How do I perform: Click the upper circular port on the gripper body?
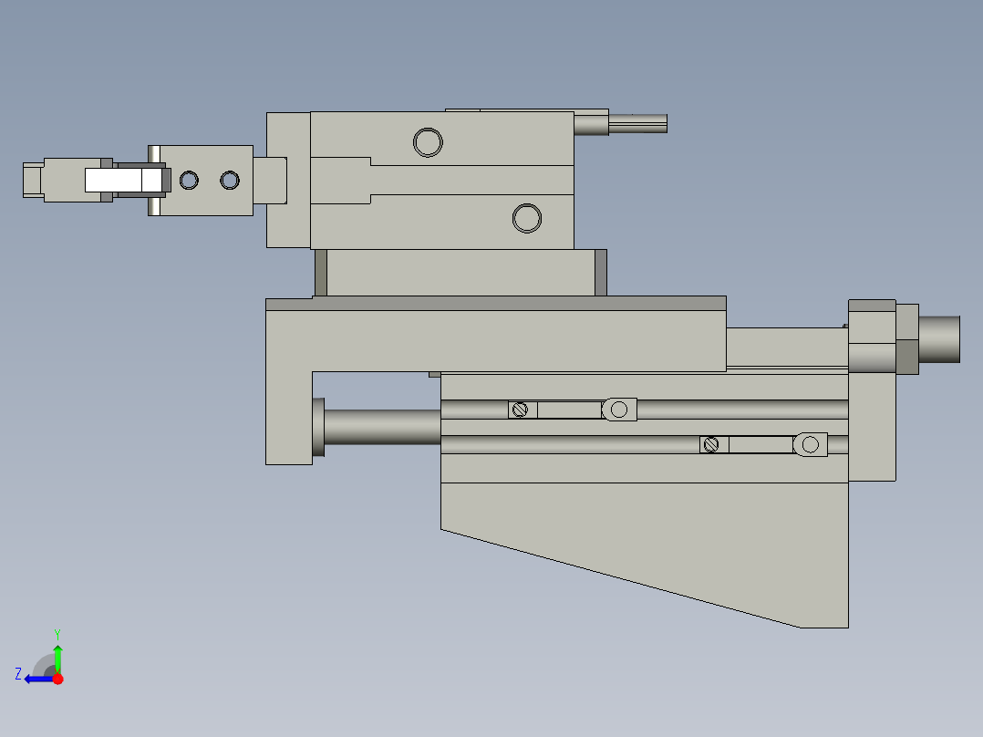tap(428, 142)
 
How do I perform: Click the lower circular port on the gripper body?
tap(527, 218)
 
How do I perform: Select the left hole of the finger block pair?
tap(189, 181)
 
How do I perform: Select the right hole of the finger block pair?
tap(229, 181)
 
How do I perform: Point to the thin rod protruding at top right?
tap(637, 123)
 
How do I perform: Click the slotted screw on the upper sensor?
tap(520, 410)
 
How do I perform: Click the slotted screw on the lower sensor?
tap(712, 444)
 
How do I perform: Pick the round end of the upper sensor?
tap(620, 410)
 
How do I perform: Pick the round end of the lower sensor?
tap(810, 444)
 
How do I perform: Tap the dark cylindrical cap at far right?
tap(939, 339)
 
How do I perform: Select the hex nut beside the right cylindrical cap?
tap(906, 339)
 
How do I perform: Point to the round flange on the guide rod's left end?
tap(318, 427)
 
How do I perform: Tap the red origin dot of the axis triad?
tap(57, 679)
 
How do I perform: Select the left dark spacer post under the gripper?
tap(321, 273)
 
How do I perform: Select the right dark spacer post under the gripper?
tap(601, 273)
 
